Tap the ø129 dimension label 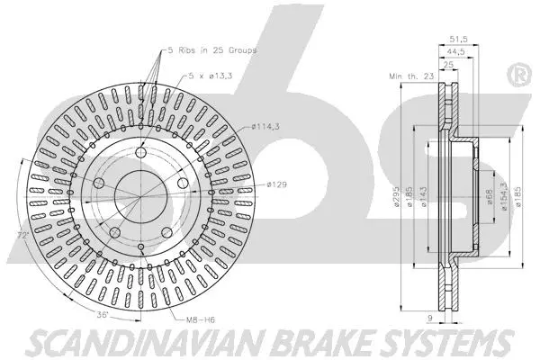pos(275,184)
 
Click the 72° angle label pos(20,237)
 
